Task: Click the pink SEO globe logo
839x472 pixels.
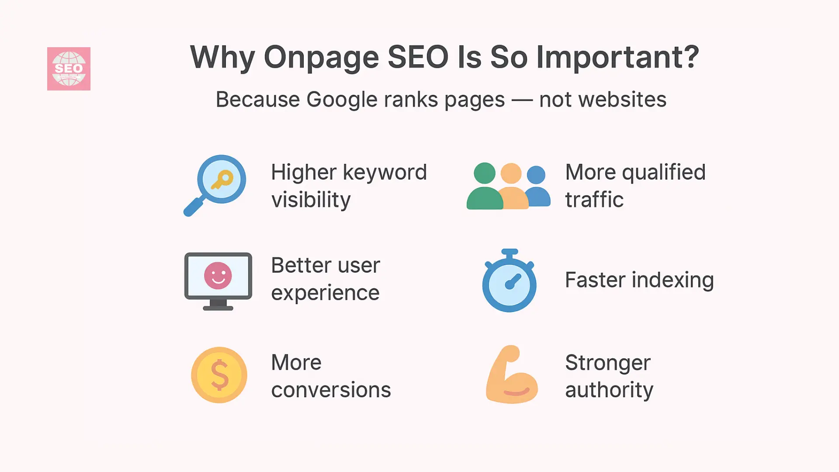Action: coord(69,69)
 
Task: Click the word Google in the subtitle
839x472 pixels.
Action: coord(340,100)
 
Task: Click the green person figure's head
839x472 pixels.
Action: coord(484,173)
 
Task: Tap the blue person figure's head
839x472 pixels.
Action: coord(536,175)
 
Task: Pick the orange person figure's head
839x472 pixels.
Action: coord(511,174)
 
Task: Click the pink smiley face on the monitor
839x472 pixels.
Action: coord(218,276)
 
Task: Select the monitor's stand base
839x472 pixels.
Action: coord(218,307)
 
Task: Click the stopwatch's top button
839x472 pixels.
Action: coord(510,252)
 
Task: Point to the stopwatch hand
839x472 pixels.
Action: coord(513,281)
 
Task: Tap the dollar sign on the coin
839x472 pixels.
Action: coord(219,375)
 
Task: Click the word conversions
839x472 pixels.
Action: coord(331,390)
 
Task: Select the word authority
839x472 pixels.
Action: coord(609,390)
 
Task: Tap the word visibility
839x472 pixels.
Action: coord(311,200)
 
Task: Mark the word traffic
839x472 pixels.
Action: coord(594,200)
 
